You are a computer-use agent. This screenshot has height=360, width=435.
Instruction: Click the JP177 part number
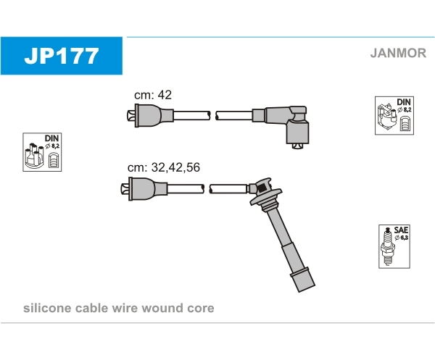tap(62, 56)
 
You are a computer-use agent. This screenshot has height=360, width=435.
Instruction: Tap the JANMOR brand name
tap(398, 53)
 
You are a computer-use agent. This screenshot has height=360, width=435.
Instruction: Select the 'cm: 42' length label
tap(153, 95)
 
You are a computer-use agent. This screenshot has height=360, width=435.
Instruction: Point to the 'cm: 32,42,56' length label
tap(164, 167)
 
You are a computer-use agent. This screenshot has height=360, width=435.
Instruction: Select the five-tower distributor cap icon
tap(34, 156)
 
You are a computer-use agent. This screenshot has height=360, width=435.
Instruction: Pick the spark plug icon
tap(388, 246)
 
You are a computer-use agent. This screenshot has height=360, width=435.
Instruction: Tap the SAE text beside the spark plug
tap(401, 230)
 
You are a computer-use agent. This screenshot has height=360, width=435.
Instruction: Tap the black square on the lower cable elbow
tap(262, 188)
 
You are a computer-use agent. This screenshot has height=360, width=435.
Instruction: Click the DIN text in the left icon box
tap(51, 138)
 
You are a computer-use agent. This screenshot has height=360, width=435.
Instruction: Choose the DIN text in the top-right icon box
tap(404, 102)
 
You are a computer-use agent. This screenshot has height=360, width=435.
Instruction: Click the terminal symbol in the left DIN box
tap(54, 161)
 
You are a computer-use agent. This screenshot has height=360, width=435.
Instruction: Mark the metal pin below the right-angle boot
tap(297, 146)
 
